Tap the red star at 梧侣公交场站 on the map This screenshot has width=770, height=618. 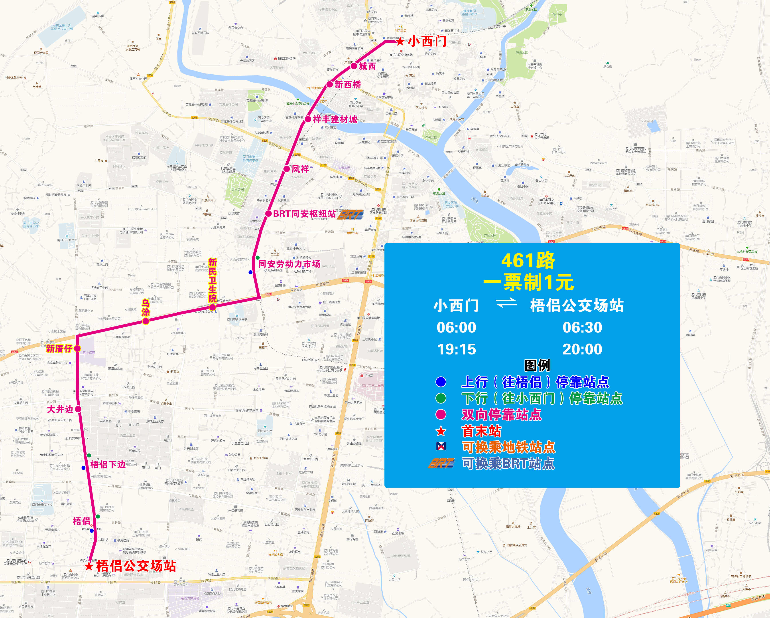89,566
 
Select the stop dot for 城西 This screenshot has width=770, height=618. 354,66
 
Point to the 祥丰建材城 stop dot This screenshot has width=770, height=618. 308,119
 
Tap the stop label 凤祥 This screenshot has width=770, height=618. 300,169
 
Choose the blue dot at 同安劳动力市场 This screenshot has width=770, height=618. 251,272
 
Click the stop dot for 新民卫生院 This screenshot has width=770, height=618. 213,307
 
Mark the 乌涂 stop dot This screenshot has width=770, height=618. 146,321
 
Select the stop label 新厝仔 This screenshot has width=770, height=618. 59,349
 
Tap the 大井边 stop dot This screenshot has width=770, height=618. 78,409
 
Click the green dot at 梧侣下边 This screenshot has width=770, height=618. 89,455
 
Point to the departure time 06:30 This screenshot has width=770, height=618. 582,327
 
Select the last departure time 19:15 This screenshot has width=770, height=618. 456,349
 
